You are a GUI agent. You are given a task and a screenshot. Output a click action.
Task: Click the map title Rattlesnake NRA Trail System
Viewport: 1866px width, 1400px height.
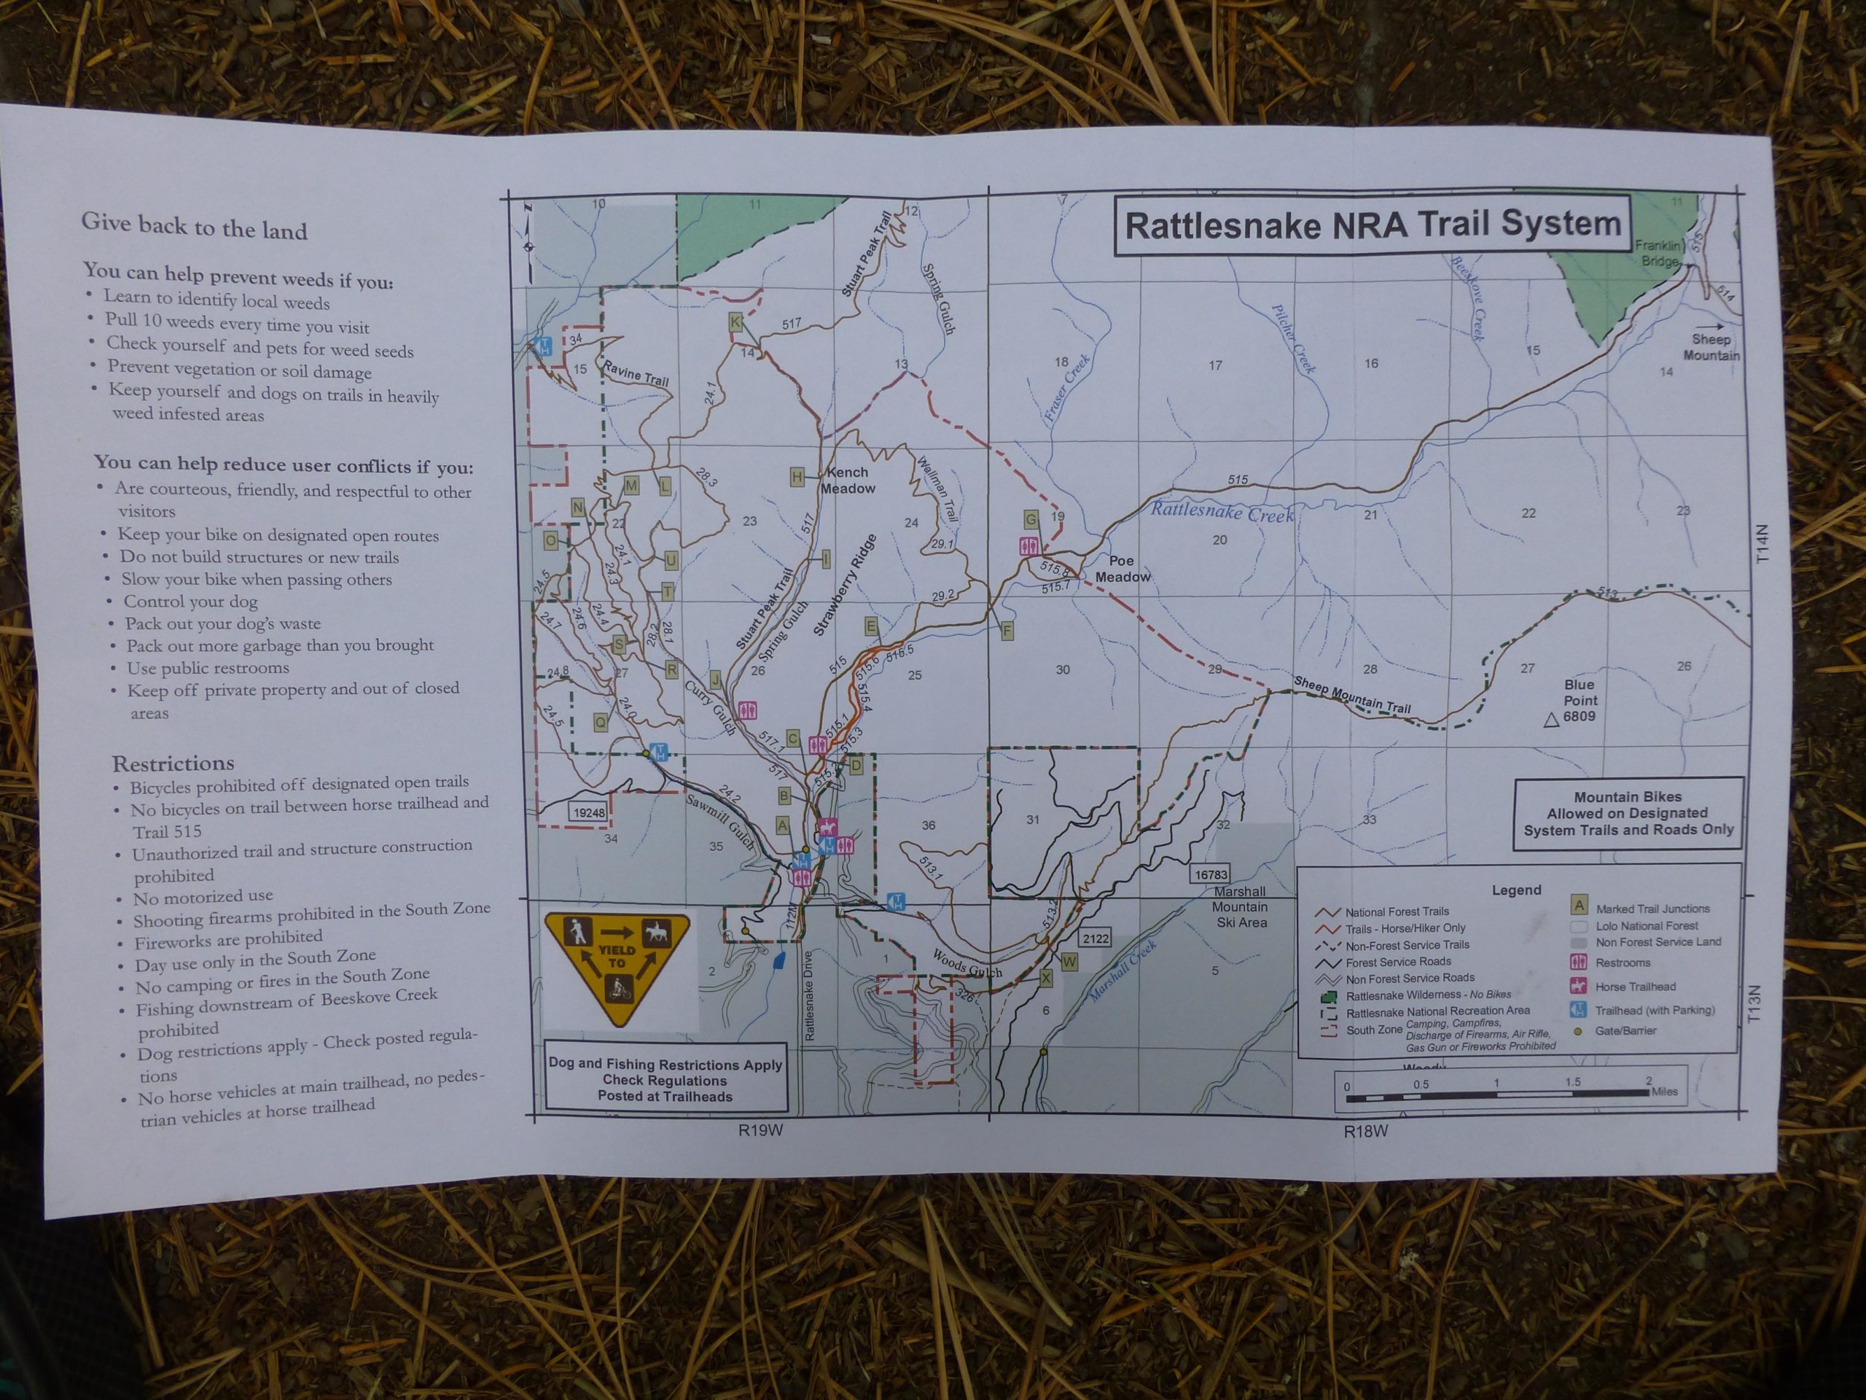[x=1373, y=225]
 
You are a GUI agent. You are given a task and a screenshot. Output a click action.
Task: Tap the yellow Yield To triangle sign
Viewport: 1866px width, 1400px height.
[x=617, y=969]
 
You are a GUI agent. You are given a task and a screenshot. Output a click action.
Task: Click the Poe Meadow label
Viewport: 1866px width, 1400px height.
[x=1122, y=569]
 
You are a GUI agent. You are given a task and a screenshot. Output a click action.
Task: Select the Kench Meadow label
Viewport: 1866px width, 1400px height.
[x=848, y=481]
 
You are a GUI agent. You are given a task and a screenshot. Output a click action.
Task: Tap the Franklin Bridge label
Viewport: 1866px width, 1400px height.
[x=1658, y=253]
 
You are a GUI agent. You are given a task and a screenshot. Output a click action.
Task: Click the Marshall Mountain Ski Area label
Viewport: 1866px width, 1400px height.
[x=1240, y=907]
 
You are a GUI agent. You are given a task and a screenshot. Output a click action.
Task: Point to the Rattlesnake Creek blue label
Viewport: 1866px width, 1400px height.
[x=1221, y=510]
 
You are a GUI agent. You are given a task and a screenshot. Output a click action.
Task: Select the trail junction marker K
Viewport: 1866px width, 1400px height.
[x=735, y=322]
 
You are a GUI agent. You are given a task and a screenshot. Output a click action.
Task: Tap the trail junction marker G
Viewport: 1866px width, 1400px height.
[x=1030, y=518]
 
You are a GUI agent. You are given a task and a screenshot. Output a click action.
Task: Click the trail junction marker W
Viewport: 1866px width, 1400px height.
[x=1069, y=961]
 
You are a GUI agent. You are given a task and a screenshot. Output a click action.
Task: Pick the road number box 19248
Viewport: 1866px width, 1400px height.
[x=588, y=813]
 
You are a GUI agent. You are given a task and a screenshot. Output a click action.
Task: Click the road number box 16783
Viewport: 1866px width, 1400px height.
[x=1211, y=875]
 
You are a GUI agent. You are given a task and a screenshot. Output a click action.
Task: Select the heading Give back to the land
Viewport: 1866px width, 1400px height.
[x=194, y=226]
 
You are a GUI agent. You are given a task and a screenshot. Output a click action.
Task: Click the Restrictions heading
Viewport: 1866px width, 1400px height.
[x=173, y=763]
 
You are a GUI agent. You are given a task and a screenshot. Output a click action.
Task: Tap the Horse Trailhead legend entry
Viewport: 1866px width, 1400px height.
[x=1633, y=986]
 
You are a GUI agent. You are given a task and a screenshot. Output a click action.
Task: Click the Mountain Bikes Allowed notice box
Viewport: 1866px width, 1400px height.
[x=1627, y=814]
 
